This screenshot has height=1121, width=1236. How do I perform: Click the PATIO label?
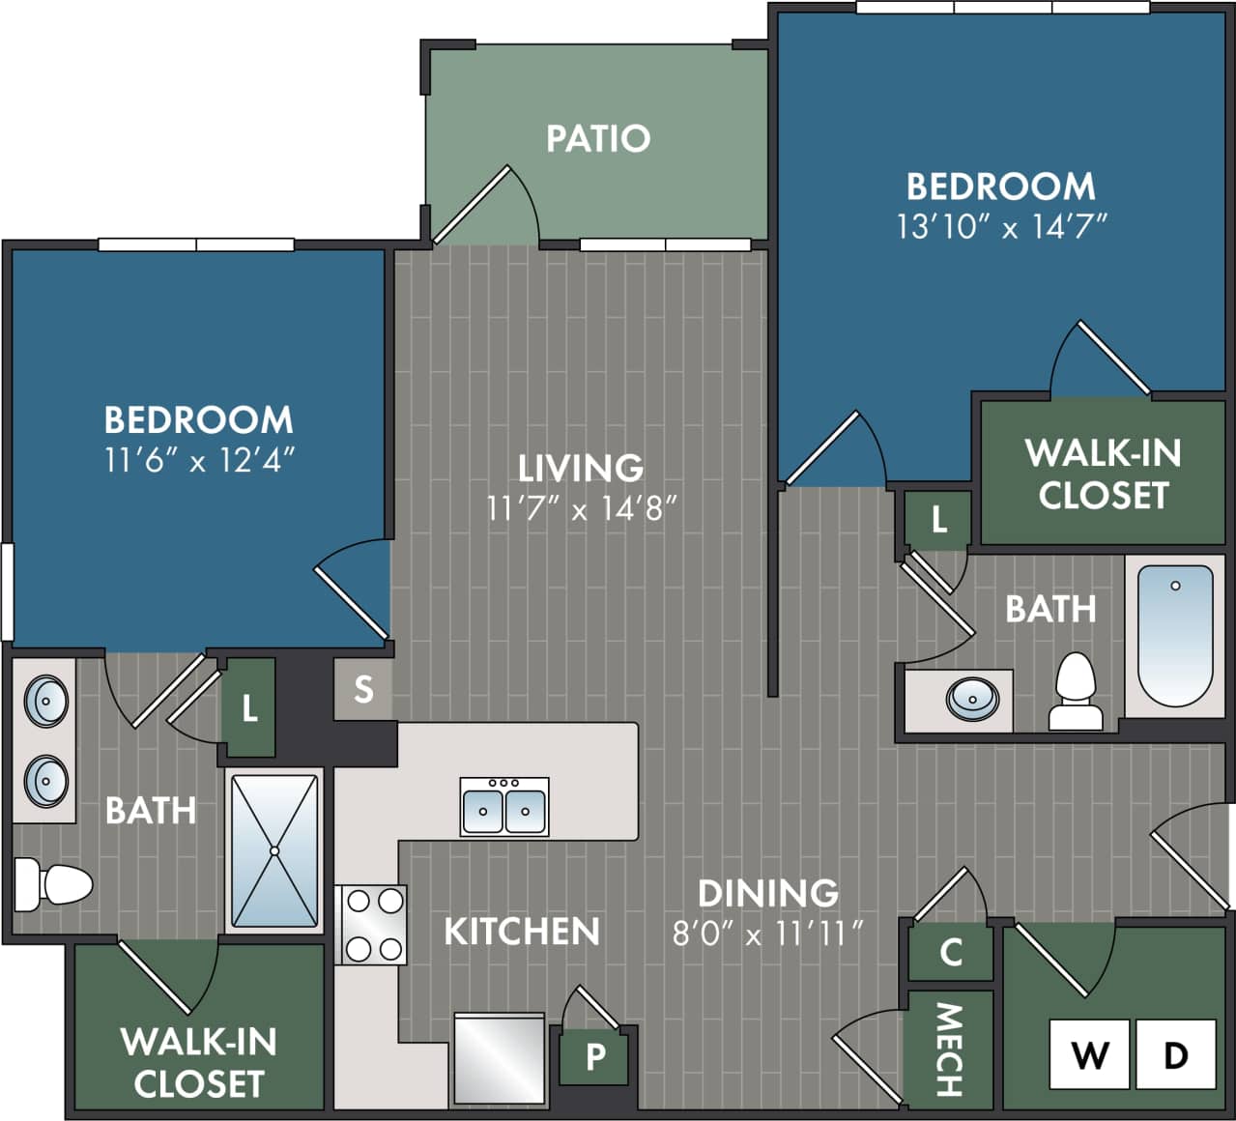coord(598,138)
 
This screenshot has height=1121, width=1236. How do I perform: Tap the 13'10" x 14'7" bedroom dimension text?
coord(1000,227)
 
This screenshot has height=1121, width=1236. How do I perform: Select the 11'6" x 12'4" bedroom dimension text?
coord(199,460)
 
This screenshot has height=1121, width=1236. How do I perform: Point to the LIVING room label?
coord(581,468)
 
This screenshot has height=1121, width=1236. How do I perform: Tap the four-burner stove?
coord(372,925)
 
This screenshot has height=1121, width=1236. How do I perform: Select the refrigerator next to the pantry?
coord(500,1058)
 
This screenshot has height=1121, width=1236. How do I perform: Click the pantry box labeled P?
coord(595,1057)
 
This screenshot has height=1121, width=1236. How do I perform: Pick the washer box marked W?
coord(1090,1054)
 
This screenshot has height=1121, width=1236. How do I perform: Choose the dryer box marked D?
coord(1175,1054)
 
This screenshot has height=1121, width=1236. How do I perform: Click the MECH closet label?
coord(950,1049)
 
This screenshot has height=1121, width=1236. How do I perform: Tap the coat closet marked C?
coord(951,953)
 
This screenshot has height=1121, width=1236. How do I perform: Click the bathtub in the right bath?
coord(1175,636)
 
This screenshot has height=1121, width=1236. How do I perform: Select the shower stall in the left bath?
coord(274,850)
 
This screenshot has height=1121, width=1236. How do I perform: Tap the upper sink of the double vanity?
coord(45,700)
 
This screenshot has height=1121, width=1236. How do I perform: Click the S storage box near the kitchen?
coord(363,689)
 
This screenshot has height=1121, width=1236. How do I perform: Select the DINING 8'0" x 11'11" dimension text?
coord(767,934)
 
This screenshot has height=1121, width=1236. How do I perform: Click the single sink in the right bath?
coord(972,698)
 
